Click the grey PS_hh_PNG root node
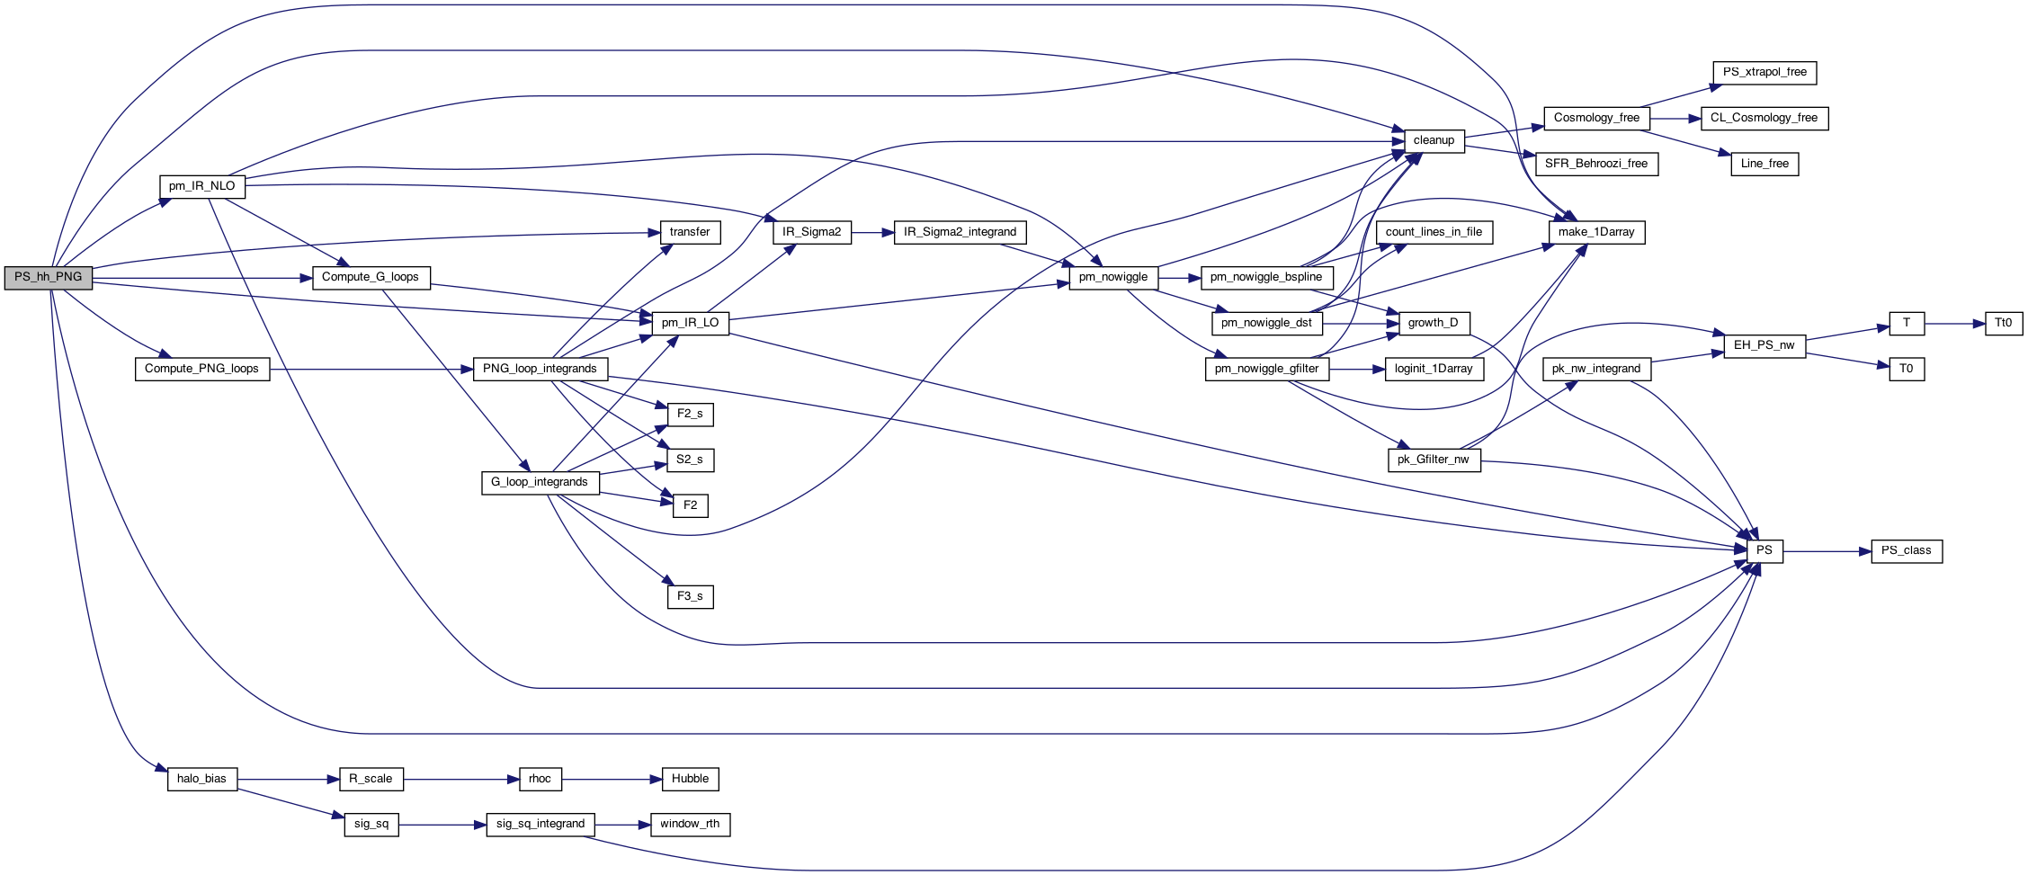(48, 277)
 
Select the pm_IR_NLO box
(201, 186)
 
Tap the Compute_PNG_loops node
(201, 369)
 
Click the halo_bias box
(201, 779)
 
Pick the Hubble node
(690, 779)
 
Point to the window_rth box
(690, 824)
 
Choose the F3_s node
(690, 596)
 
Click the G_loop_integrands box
(540, 482)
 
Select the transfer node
(690, 232)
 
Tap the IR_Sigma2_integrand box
(960, 232)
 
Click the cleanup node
(1434, 140)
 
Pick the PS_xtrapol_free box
(1764, 72)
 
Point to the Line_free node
(1764, 164)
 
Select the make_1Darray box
(1596, 232)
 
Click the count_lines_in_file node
(1434, 232)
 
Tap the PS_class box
(1906, 550)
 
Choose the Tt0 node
(2004, 323)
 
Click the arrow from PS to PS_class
(1826, 550)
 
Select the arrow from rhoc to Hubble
(612, 779)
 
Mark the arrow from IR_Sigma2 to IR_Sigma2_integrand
(872, 232)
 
